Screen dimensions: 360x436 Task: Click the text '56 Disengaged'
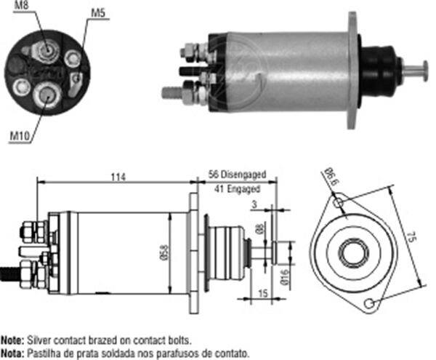tap(237, 175)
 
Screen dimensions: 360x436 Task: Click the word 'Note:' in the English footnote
tap(12, 340)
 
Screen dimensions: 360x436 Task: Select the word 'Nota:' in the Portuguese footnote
tap(12, 352)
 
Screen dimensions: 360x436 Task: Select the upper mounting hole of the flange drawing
tap(336, 204)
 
